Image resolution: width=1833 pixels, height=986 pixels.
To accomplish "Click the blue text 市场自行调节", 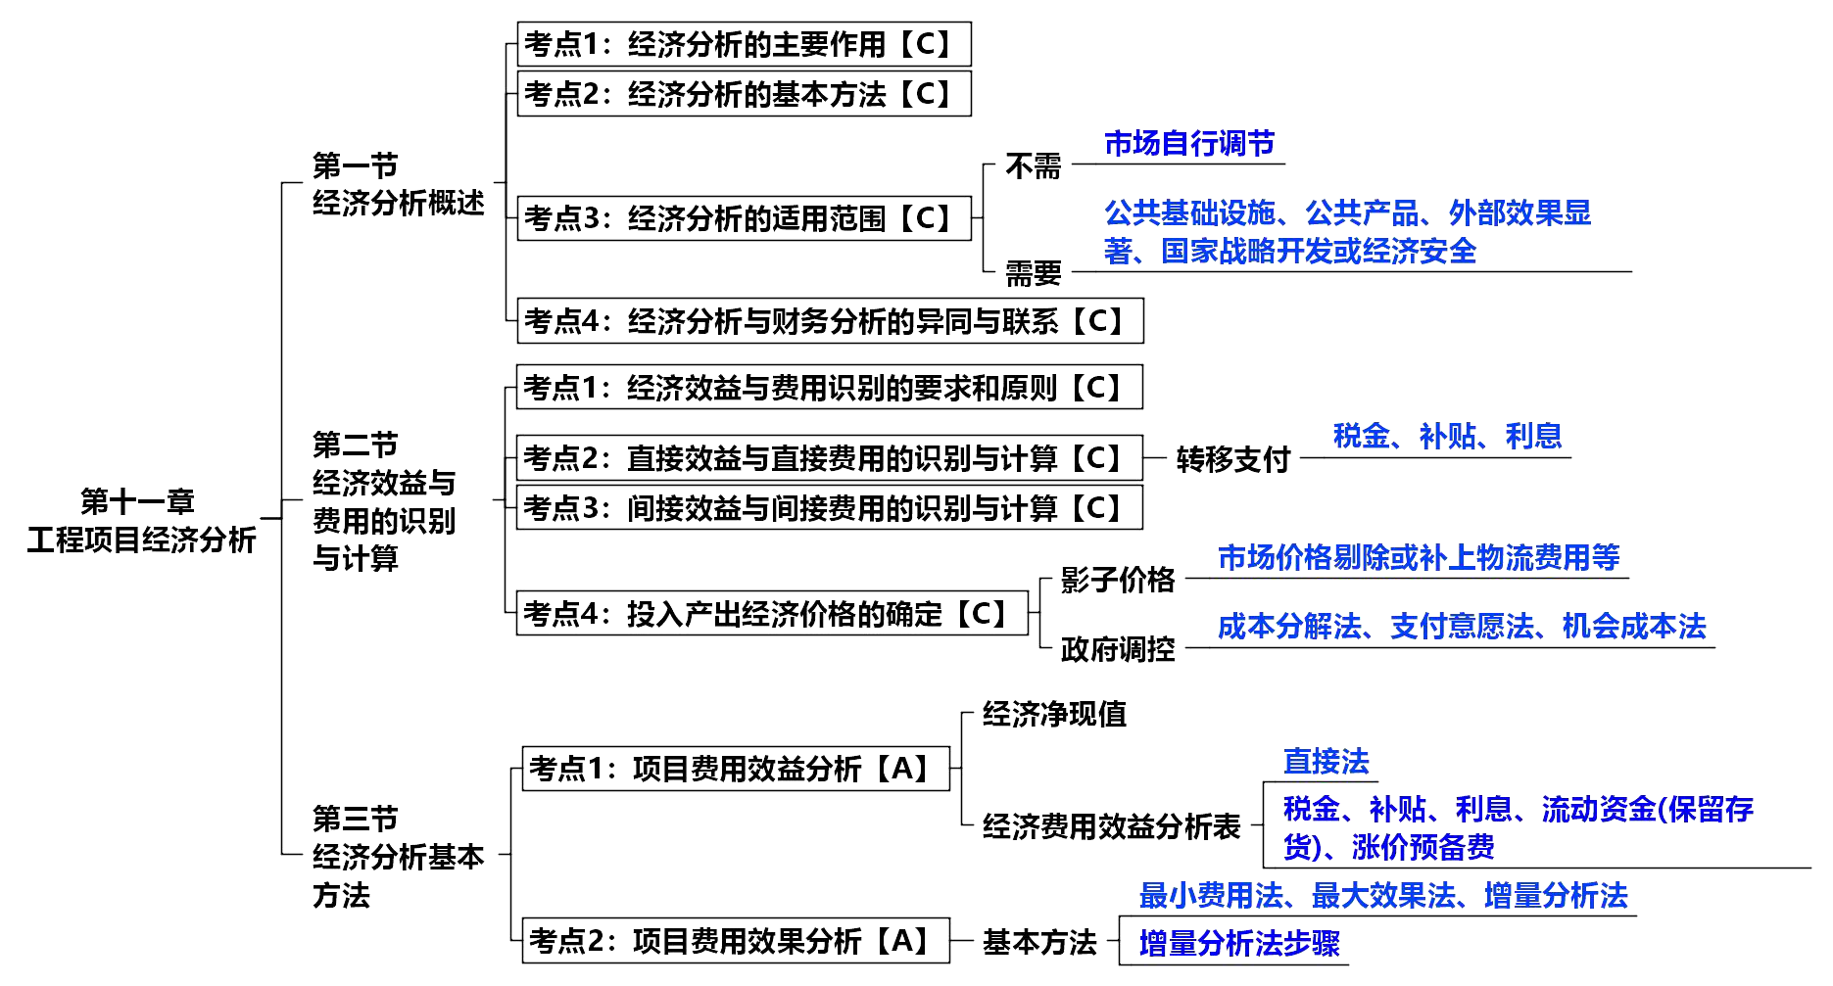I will coord(1189,144).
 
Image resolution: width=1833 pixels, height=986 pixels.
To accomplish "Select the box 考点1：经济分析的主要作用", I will coord(744,44).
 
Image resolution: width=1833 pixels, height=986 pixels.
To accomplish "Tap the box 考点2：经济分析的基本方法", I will coord(744,94).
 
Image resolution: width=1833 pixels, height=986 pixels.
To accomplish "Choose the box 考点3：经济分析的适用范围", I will coord(744,217).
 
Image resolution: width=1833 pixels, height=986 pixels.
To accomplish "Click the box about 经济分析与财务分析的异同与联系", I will coord(830,321).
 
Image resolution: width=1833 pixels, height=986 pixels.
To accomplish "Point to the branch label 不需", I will coord(1033,167).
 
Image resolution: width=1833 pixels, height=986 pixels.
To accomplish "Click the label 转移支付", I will coord(1232,459).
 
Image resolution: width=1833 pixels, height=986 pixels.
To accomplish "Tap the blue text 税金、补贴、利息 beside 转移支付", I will coord(1447,436).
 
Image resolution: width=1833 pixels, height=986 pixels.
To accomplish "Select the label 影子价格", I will coord(1118,580).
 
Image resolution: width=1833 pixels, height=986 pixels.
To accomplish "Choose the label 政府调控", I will coord(1118,649).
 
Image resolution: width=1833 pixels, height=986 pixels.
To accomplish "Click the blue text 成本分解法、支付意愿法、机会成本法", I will coord(1462,627).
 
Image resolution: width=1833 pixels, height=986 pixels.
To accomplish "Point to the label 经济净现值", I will coord(1054,715).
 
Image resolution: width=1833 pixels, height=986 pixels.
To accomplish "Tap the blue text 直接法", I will coord(1327,762).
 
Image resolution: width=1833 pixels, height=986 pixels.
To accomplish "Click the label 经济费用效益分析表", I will coord(1112,827).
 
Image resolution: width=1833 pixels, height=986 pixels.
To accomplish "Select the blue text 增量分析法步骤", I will coord(1239,943).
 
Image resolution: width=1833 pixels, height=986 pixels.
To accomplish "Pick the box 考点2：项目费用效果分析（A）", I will coord(736,941).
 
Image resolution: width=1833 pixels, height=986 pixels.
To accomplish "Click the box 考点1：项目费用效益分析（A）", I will coord(736,769).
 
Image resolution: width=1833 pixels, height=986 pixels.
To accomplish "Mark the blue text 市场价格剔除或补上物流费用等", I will coord(1419,558).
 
